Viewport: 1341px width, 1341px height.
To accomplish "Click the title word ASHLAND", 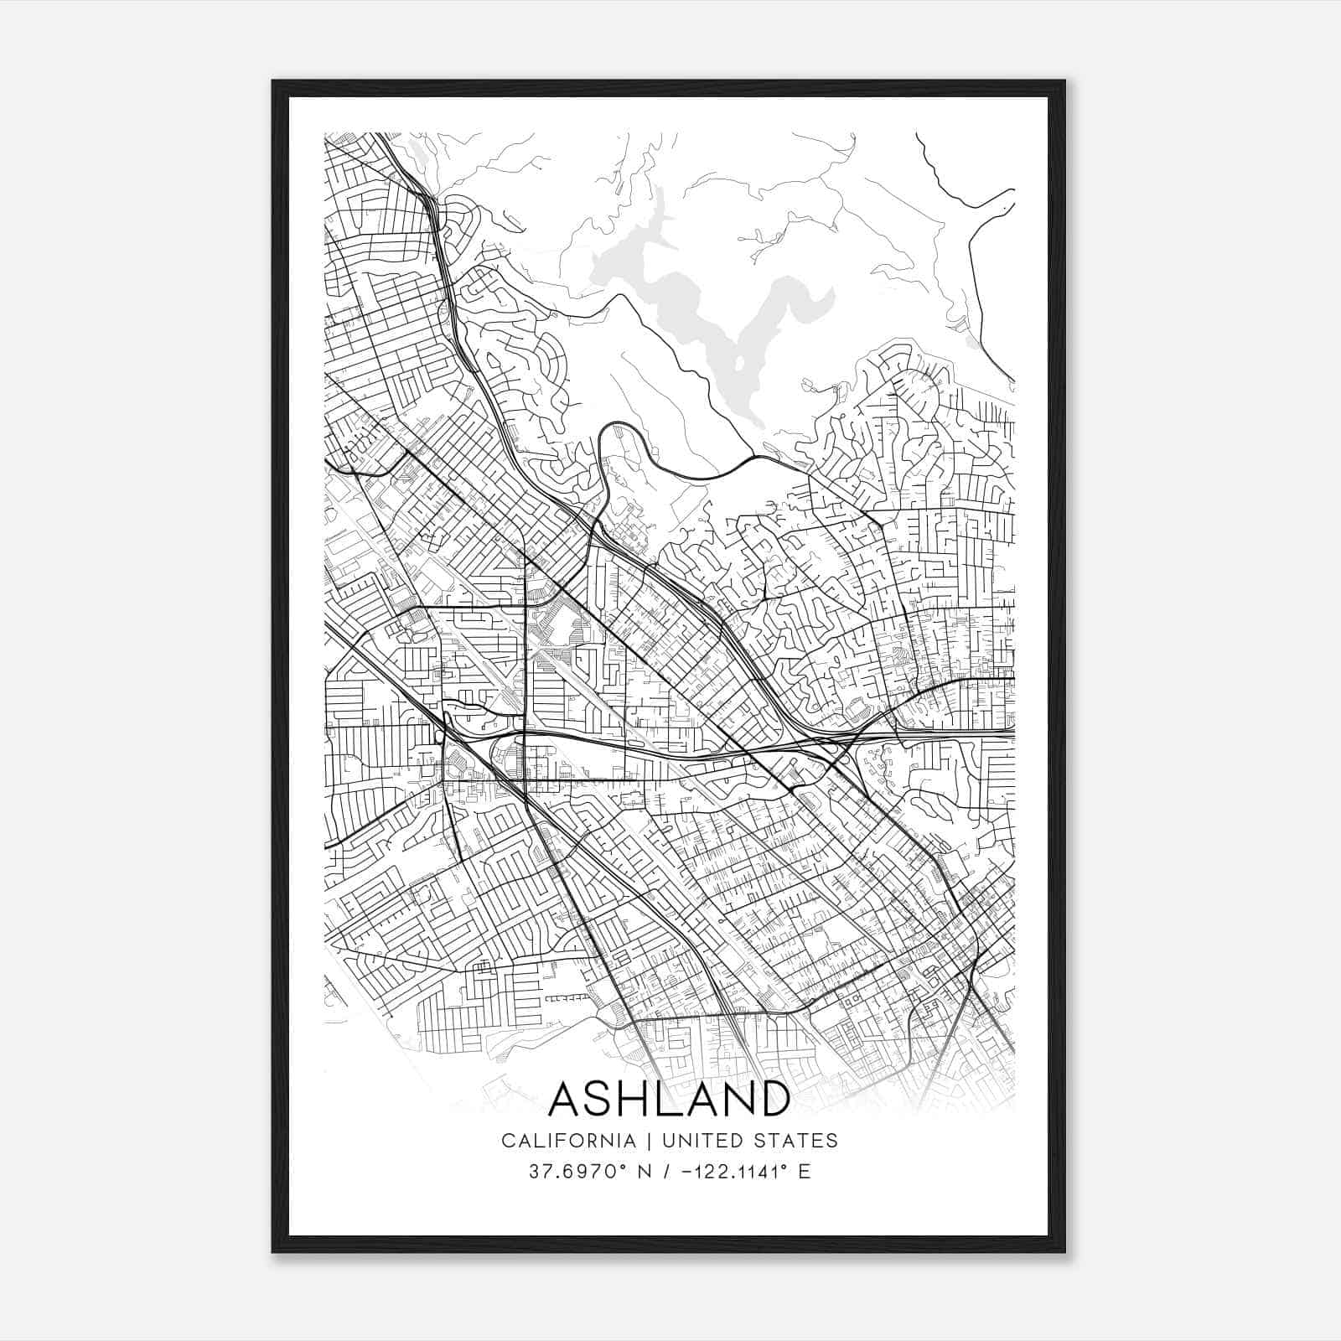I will [669, 1099].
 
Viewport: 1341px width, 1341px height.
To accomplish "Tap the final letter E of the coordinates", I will [805, 1172].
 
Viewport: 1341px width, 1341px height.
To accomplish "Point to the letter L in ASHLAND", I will [667, 1099].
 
